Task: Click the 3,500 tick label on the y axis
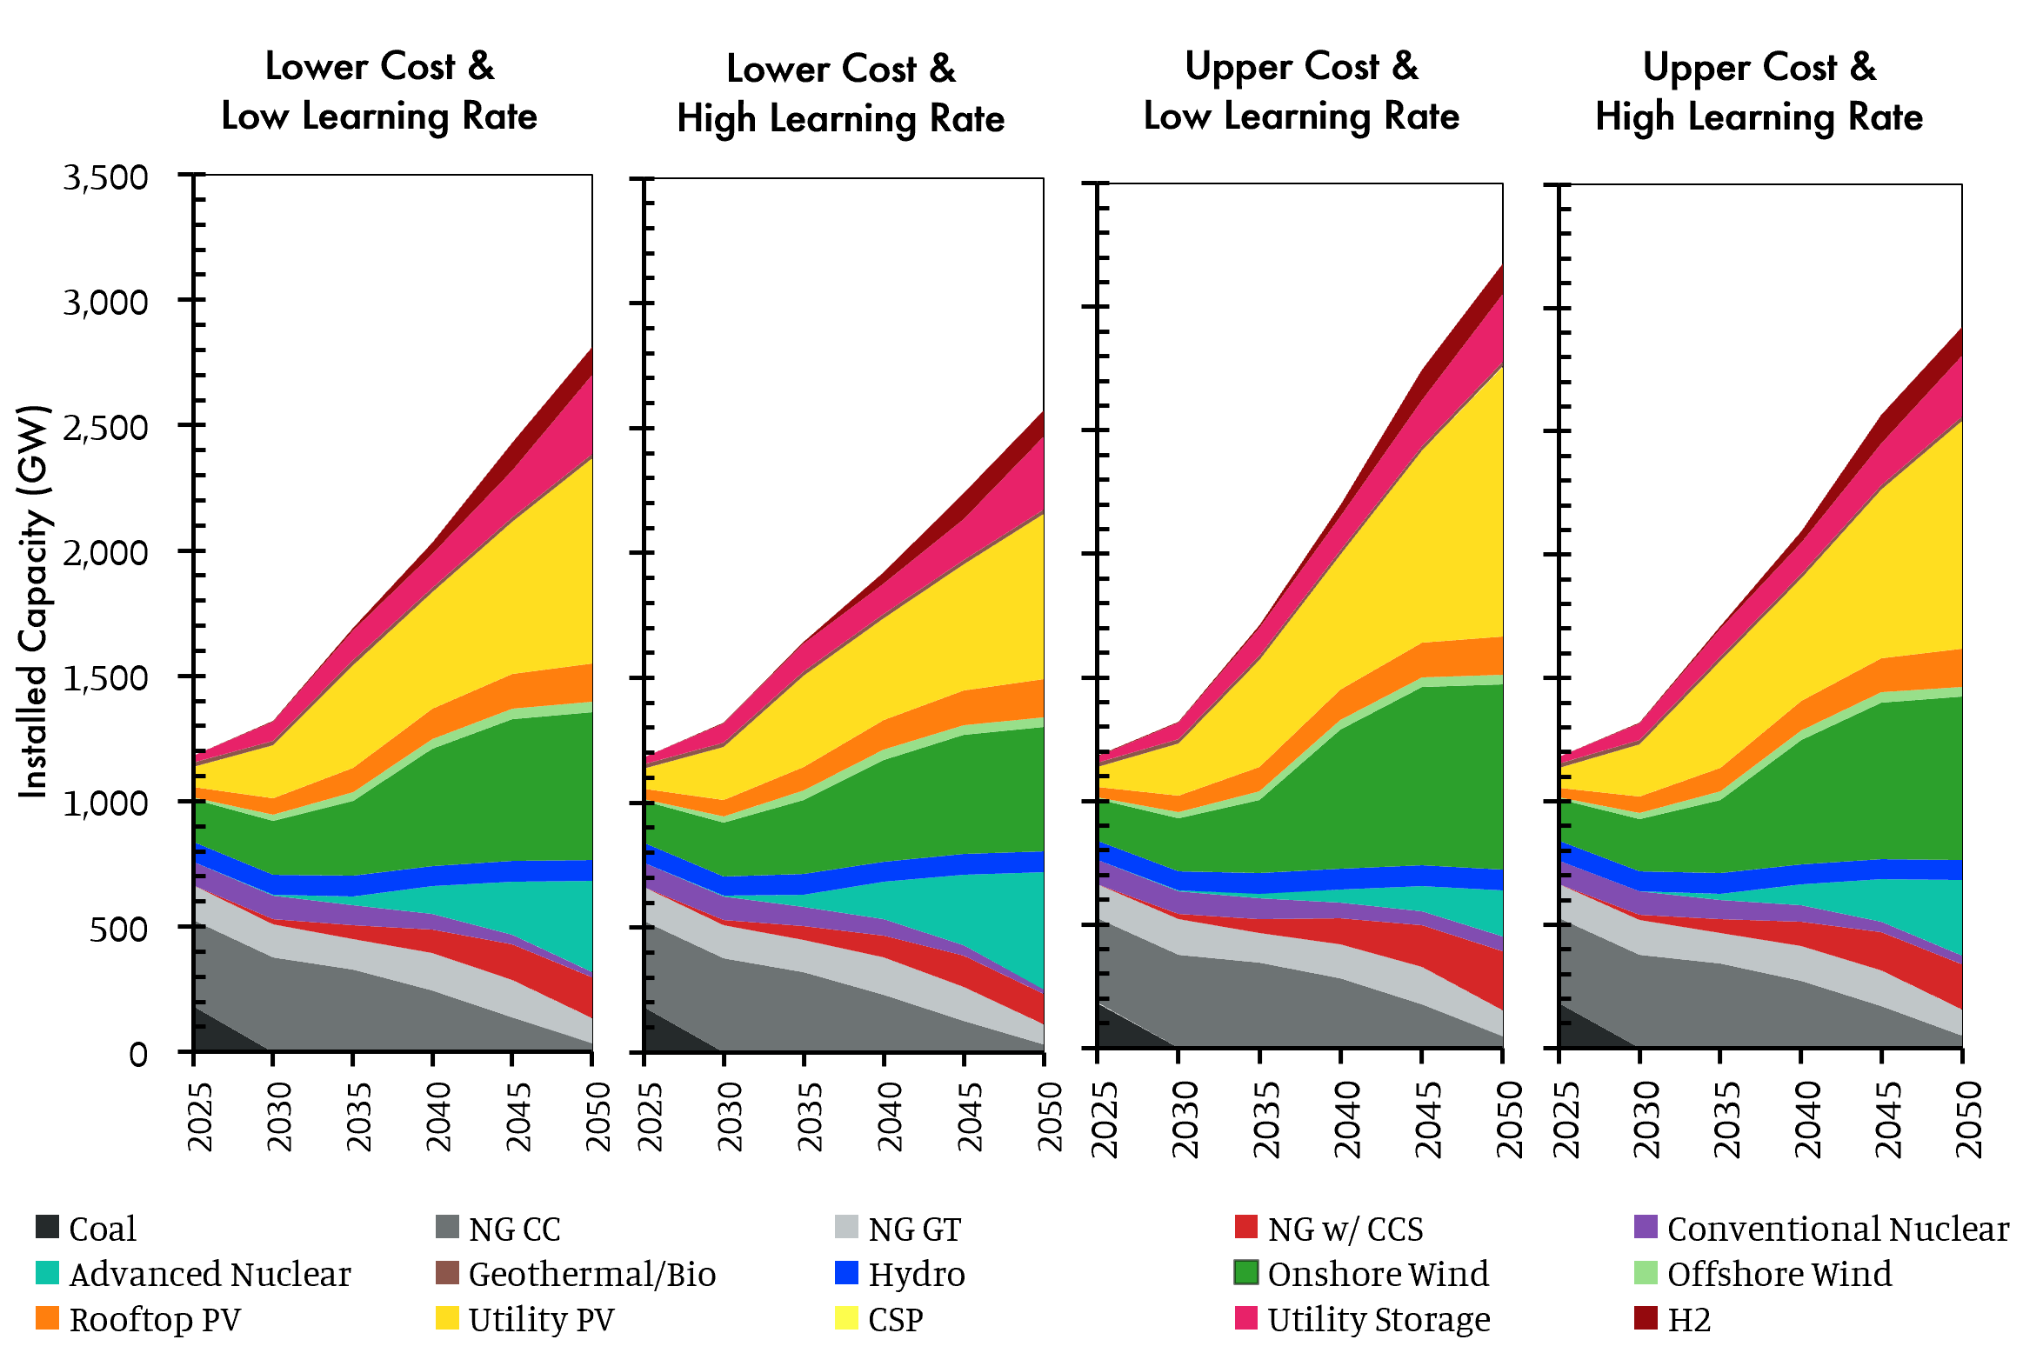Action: (105, 177)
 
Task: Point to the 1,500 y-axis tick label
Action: (105, 678)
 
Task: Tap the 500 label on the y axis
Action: (118, 929)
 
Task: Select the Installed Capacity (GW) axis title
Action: (34, 601)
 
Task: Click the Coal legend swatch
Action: (47, 1227)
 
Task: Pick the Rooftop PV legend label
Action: (155, 1319)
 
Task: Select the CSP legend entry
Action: (895, 1319)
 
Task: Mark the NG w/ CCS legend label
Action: (1345, 1229)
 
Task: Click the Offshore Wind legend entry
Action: (1779, 1274)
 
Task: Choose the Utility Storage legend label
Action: (1379, 1319)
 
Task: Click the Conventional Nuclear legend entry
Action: (1838, 1229)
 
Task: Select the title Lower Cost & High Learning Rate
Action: (841, 94)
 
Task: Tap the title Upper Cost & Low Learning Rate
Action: (1301, 91)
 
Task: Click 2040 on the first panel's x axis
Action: (437, 1116)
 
